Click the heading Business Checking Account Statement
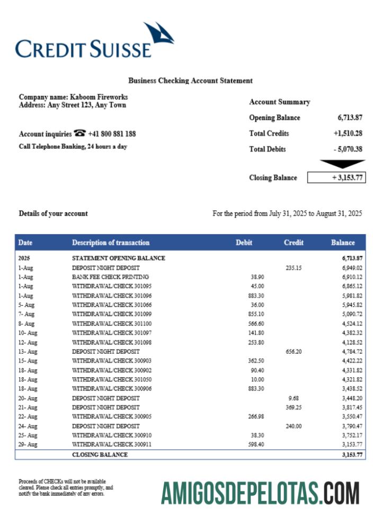click(x=190, y=81)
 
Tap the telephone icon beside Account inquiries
click(x=80, y=133)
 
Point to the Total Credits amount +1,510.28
click(x=344, y=133)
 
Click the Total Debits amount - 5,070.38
click(x=348, y=149)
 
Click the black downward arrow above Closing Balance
click(x=343, y=164)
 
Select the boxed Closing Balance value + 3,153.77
click(x=336, y=178)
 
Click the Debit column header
click(x=244, y=243)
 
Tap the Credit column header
click(x=294, y=243)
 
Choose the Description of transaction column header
click(x=111, y=243)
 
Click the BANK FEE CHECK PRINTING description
click(x=110, y=277)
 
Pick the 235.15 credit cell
click(x=293, y=268)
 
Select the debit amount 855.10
click(x=256, y=314)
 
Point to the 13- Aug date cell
click(x=28, y=351)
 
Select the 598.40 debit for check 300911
click(x=256, y=444)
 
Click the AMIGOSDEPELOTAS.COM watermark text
click(x=260, y=493)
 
